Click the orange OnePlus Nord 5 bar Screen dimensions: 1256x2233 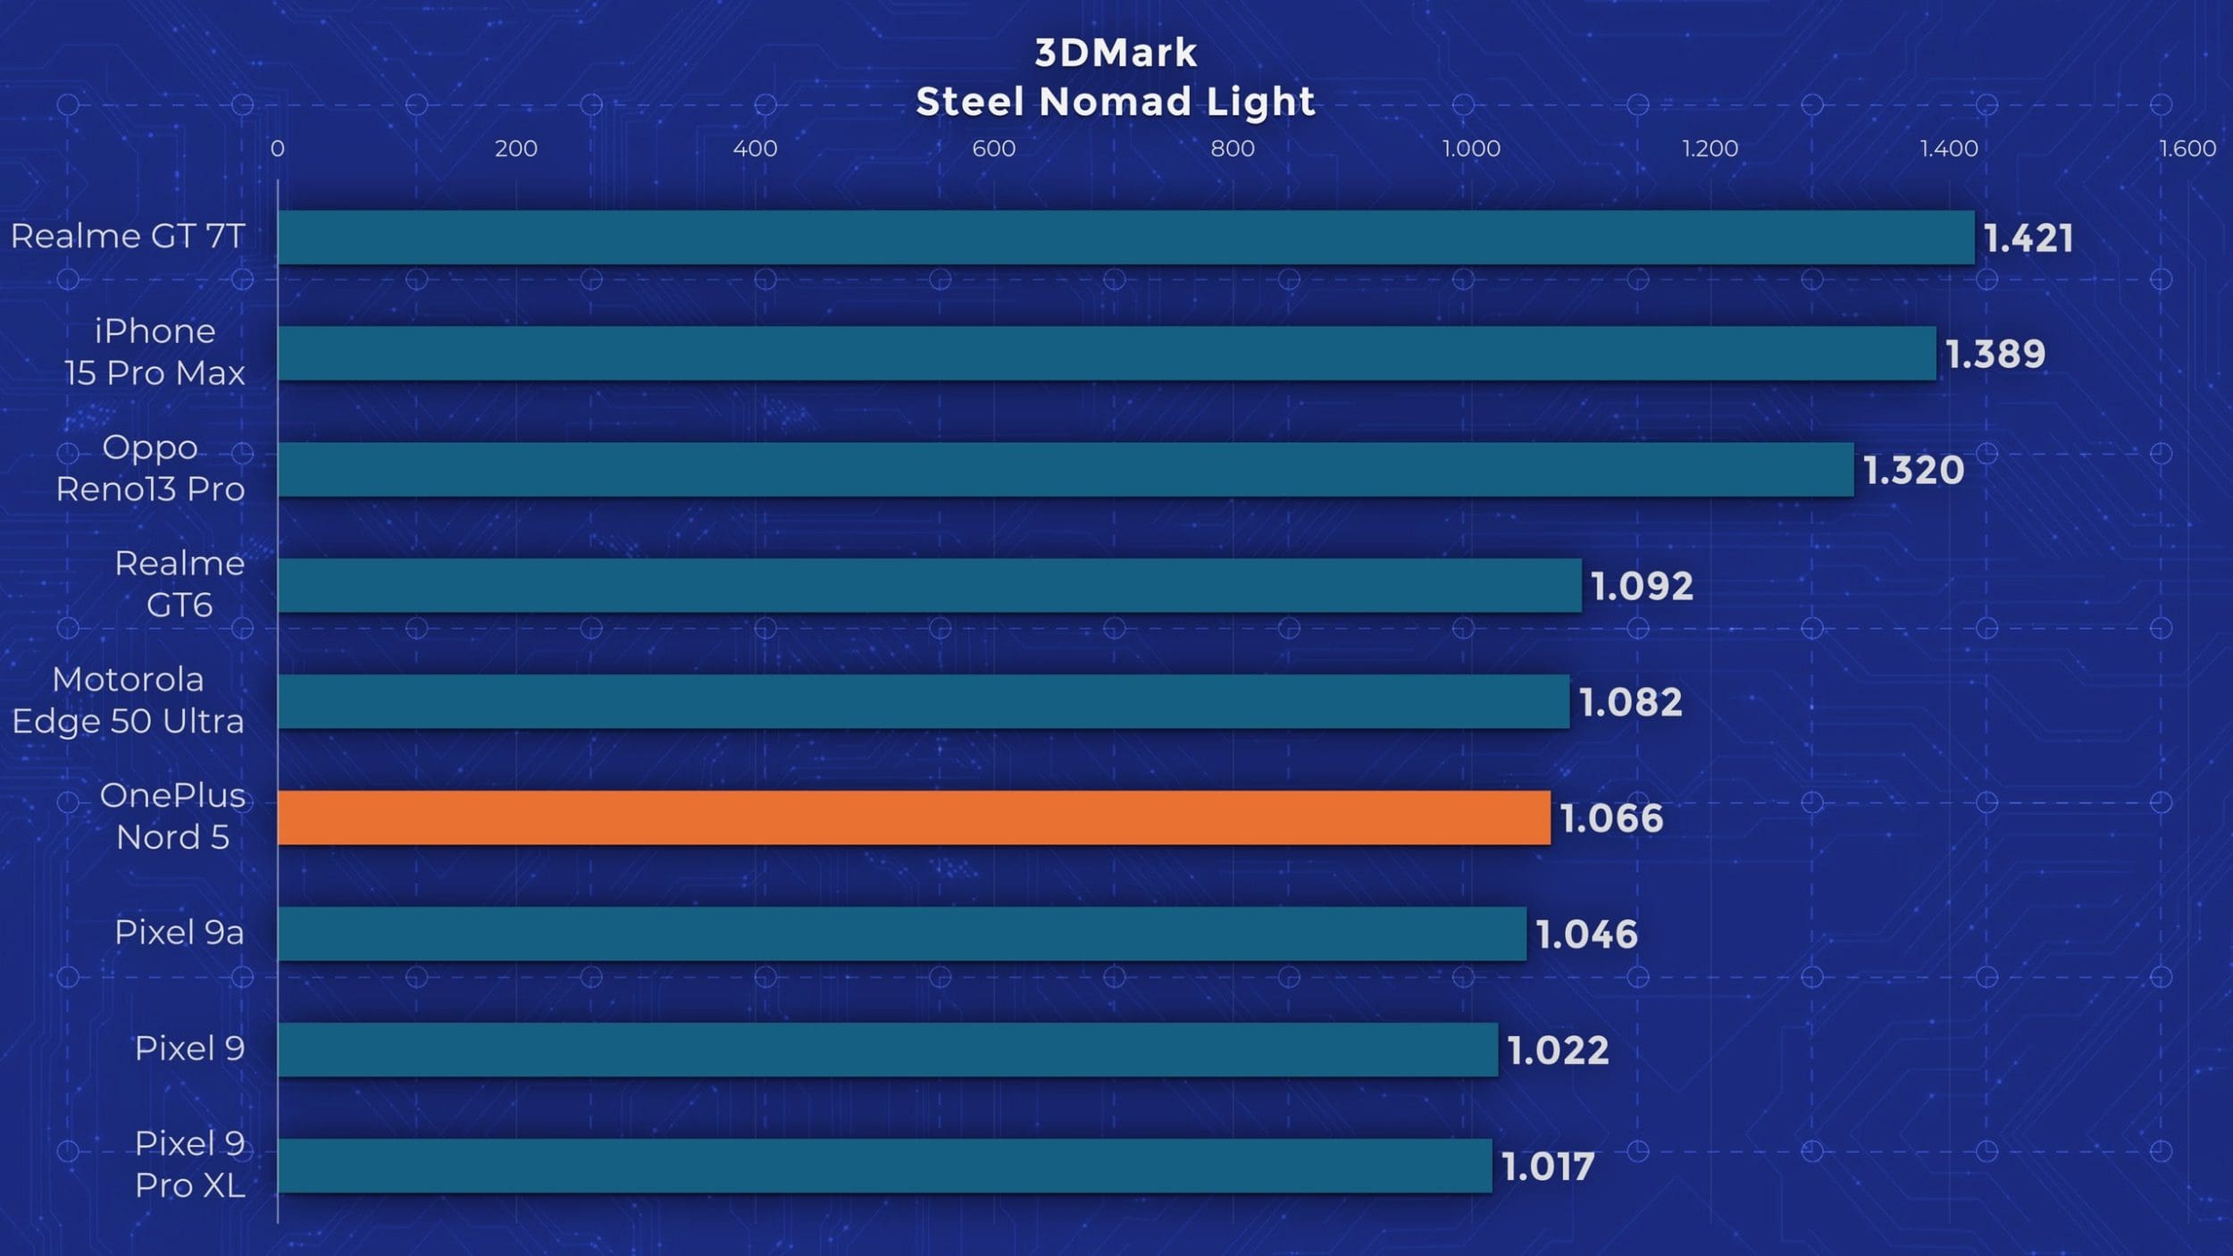pyautogui.click(x=914, y=817)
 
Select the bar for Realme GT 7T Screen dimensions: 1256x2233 pyautogui.click(x=1125, y=238)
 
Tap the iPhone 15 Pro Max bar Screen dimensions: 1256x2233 pyautogui.click(x=1107, y=354)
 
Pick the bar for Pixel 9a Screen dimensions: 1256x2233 pyautogui.click(x=902, y=934)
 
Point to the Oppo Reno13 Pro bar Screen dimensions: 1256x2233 pyautogui.click(x=1066, y=470)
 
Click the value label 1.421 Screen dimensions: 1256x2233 pyautogui.click(x=2028, y=239)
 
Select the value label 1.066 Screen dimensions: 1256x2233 pyautogui.click(x=1611, y=818)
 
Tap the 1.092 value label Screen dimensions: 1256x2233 pyautogui.click(x=1642, y=586)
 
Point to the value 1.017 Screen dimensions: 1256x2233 pyautogui.click(x=1548, y=1167)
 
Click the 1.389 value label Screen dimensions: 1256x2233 pyautogui.click(x=1995, y=355)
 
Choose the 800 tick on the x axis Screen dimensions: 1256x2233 pyautogui.click(x=1233, y=148)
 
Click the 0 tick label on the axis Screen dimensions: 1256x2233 pyautogui.click(x=278, y=148)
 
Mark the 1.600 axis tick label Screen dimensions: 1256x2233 pyautogui.click(x=2187, y=148)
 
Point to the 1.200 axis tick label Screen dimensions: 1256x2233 pyautogui.click(x=1710, y=148)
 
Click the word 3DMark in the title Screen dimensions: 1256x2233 pyautogui.click(x=1116, y=53)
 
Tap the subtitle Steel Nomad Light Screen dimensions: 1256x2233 pyautogui.click(x=1116, y=101)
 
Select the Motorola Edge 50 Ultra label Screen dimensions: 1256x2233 pyautogui.click(x=128, y=700)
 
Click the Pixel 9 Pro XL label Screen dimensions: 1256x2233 pyautogui.click(x=189, y=1164)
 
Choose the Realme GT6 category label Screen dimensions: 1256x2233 pyautogui.click(x=180, y=584)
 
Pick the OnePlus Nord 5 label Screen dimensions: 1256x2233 pyautogui.click(x=172, y=816)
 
